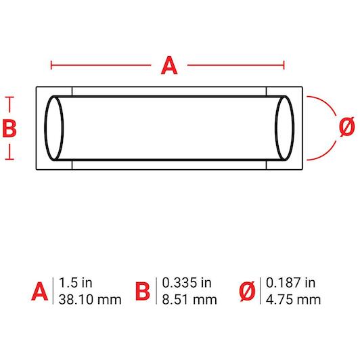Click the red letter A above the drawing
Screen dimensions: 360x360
169,66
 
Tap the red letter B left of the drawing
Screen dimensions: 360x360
9,129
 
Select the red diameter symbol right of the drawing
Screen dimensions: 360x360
347,127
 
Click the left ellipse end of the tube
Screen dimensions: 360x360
54,129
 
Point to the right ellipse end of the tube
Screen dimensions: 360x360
284,129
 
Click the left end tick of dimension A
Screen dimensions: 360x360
51,65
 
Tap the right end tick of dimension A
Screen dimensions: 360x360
284,65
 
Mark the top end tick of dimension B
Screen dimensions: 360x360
9,97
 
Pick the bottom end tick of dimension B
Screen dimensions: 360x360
9,159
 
